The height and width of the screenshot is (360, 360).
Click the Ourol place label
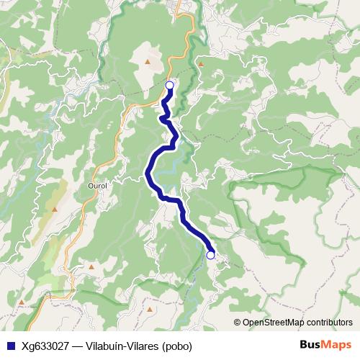(x=96, y=184)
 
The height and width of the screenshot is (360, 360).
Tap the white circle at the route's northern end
(x=169, y=86)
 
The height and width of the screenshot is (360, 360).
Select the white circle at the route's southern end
(x=210, y=255)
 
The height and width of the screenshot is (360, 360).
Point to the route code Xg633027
(x=46, y=346)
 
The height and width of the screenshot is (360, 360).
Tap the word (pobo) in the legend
(x=176, y=346)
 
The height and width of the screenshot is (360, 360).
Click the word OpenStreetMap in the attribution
(x=274, y=323)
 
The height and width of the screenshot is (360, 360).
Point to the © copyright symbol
(x=237, y=323)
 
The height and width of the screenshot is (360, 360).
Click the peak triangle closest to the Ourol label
(x=55, y=209)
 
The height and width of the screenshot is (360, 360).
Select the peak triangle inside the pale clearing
(x=148, y=62)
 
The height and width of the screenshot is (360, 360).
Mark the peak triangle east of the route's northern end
(x=201, y=65)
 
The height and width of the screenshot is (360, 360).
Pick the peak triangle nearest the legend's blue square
(x=22, y=302)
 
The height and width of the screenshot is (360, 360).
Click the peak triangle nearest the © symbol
(x=150, y=310)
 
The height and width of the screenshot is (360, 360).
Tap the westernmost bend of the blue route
(x=148, y=172)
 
